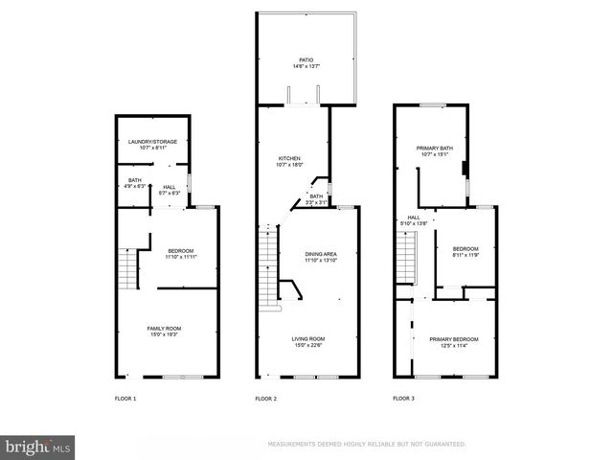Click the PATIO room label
(306, 60)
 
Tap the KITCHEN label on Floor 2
(290, 158)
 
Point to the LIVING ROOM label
(308, 338)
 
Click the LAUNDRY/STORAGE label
(153, 142)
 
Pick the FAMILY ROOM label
(164, 329)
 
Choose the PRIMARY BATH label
(433, 149)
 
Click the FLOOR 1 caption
(125, 398)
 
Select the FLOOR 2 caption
(265, 398)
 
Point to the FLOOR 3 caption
(405, 398)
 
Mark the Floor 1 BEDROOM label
(180, 252)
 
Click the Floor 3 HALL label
(414, 218)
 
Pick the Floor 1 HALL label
(169, 187)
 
